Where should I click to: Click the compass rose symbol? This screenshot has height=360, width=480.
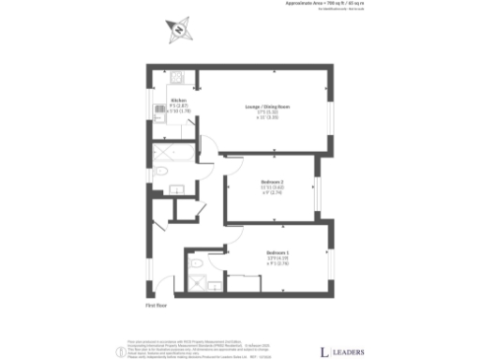(x=176, y=31)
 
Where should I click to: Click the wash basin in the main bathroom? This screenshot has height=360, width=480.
(x=176, y=188)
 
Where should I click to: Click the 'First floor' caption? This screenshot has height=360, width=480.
(x=156, y=305)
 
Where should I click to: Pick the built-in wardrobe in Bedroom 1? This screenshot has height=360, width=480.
(x=246, y=281)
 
